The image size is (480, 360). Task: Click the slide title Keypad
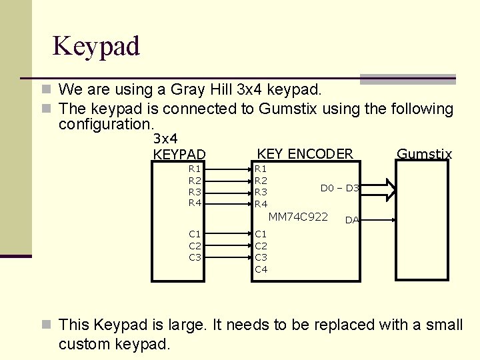pos(96,46)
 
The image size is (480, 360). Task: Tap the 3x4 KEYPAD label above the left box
pos(179,147)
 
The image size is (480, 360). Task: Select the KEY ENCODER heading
pos(305,154)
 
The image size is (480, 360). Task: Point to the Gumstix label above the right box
pos(424,155)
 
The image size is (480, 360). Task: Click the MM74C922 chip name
pos(298,217)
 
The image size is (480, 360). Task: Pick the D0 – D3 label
pos(340,188)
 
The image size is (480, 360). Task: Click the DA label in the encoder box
pos(352,220)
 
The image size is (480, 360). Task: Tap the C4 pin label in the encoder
pos(261,269)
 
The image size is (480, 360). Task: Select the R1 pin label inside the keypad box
pos(195,169)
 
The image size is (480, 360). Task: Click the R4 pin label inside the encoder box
pos(261,203)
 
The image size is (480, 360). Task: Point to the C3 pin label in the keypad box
pos(195,257)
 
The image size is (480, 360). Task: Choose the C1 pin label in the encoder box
pos(261,234)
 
